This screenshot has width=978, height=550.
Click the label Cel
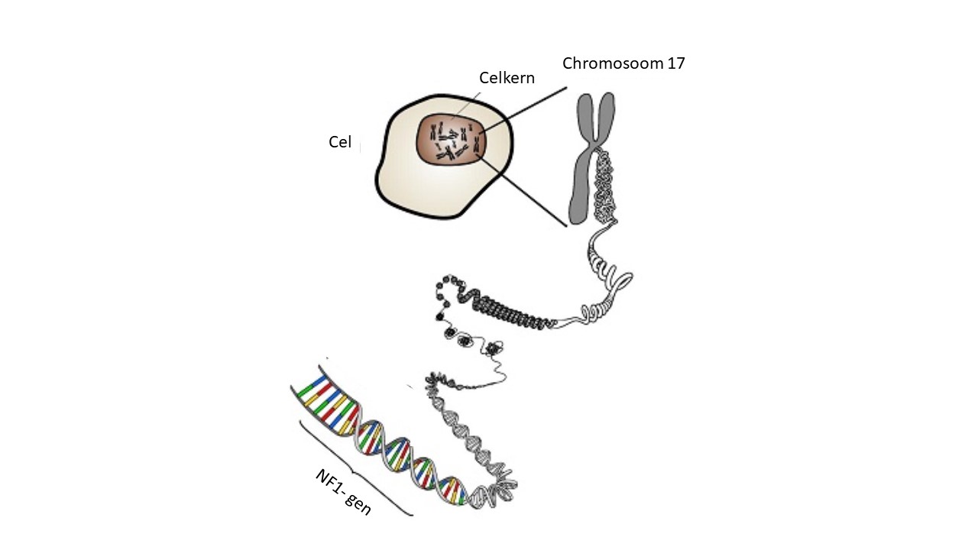pyautogui.click(x=340, y=142)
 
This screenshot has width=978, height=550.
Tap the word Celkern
pyautogui.click(x=507, y=78)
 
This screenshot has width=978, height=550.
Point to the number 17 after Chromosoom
pyautogui.click(x=675, y=63)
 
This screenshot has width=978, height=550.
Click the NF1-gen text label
pyautogui.click(x=343, y=492)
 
